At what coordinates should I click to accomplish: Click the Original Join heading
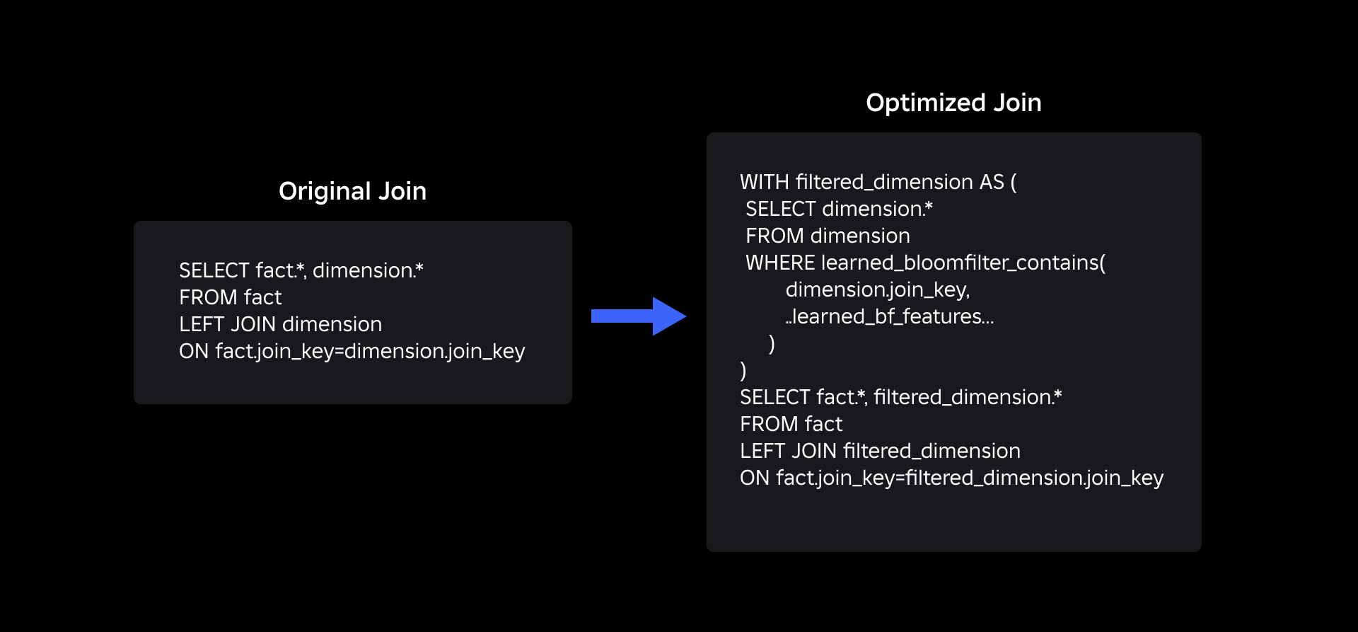(352, 191)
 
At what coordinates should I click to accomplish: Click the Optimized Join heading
(953, 103)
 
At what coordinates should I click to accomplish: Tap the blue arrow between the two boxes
(639, 316)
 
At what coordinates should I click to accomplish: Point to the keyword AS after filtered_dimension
(992, 182)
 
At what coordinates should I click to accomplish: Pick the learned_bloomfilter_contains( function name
(963, 263)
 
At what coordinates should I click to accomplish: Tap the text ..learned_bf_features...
(890, 316)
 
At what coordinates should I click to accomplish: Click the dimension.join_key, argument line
(878, 290)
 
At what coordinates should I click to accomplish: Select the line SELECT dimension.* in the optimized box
(839, 209)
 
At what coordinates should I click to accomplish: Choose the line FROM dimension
(828, 236)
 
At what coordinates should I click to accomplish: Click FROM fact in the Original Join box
(230, 297)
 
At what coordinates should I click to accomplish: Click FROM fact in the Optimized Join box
(791, 424)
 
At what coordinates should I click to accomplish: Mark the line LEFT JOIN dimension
(280, 324)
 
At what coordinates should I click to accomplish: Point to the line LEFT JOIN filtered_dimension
(880, 451)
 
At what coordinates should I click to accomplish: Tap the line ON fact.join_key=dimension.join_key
(352, 352)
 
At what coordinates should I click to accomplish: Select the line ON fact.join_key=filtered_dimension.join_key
(951, 478)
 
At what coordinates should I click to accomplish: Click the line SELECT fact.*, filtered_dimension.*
(900, 397)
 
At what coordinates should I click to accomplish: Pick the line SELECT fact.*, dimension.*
(301, 270)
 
